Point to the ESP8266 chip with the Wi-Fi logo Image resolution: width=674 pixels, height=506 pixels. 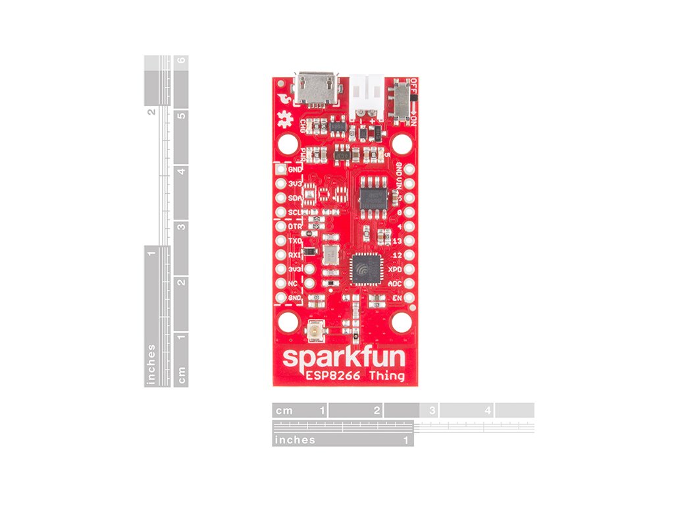coord(363,269)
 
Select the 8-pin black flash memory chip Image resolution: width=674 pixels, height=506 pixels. coord(373,194)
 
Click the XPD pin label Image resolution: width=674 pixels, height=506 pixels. coord(394,269)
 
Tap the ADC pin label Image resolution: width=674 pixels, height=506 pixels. coord(394,284)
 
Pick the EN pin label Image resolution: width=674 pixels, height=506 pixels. coord(397,298)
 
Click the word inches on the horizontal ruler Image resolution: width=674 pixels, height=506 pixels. coord(295,439)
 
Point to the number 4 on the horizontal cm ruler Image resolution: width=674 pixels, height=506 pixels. coord(487,410)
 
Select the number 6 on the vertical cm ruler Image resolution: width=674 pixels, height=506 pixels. coord(181,61)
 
